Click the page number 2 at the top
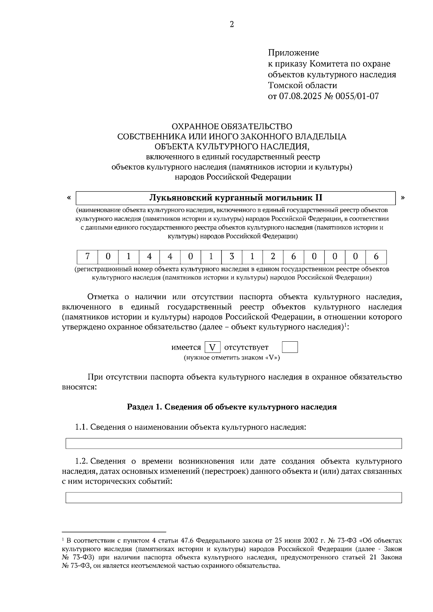pyautogui.click(x=232, y=25)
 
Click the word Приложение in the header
pyautogui.click(x=293, y=53)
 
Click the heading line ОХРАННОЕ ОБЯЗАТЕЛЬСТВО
pyautogui.click(x=232, y=127)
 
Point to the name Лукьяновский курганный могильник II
pyautogui.click(x=236, y=198)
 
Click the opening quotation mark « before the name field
pyautogui.click(x=69, y=198)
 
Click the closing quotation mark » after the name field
pyautogui.click(x=403, y=198)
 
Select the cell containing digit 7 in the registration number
pyautogui.click(x=87, y=257)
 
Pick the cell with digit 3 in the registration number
pyautogui.click(x=232, y=257)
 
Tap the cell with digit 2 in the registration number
pyautogui.click(x=273, y=257)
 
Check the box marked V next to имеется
pyautogui.click(x=213, y=347)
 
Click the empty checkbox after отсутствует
pyautogui.click(x=290, y=347)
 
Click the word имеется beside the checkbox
pyautogui.click(x=186, y=347)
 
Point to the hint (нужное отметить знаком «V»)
pyautogui.click(x=232, y=358)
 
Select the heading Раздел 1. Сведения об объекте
pyautogui.click(x=232, y=407)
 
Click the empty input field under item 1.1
pyautogui.click(x=233, y=443)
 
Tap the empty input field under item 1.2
pyautogui.click(x=233, y=498)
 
